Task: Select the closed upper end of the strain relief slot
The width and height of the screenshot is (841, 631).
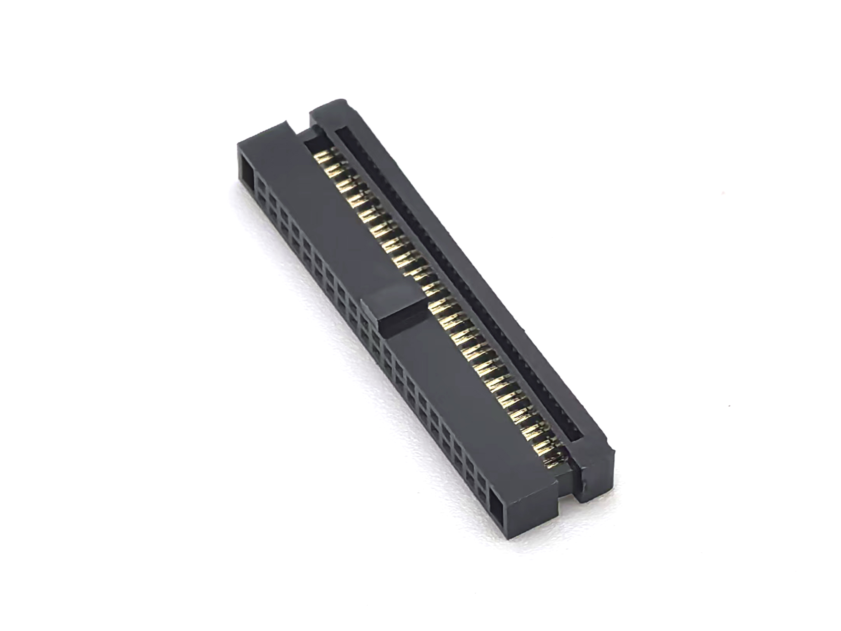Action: [x=342, y=134]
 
